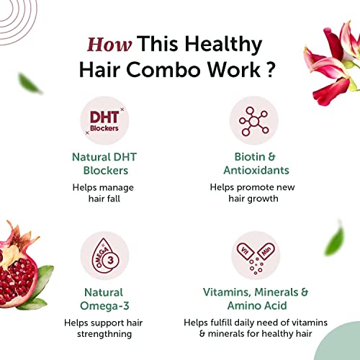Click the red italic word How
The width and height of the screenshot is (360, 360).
point(110,44)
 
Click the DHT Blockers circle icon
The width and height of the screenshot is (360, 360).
point(104,123)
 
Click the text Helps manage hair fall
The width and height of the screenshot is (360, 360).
point(104,193)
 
